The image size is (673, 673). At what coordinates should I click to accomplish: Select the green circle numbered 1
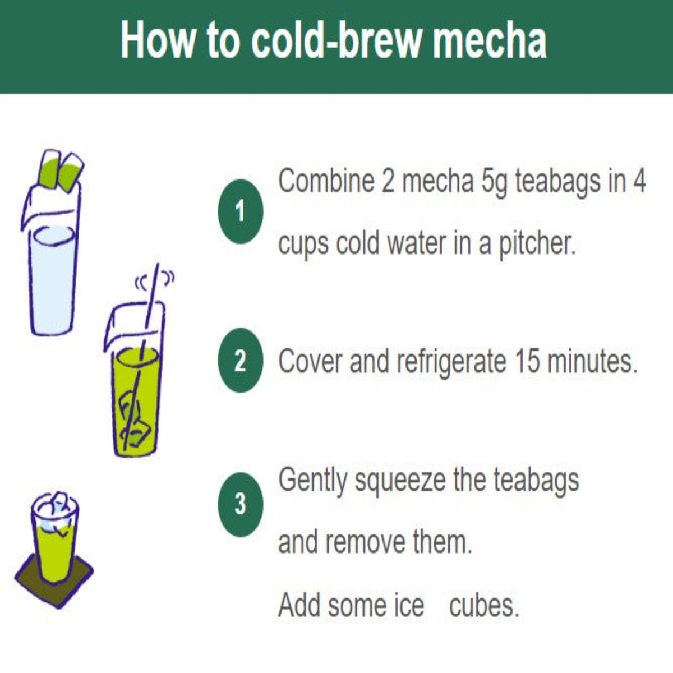(x=240, y=211)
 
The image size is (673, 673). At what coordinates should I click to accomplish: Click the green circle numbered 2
(x=240, y=361)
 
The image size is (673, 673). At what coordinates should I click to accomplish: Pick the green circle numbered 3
(x=240, y=505)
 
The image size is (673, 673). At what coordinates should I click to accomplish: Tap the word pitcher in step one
(x=537, y=243)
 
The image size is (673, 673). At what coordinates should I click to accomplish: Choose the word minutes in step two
(x=591, y=361)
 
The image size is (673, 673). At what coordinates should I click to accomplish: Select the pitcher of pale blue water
(x=51, y=259)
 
